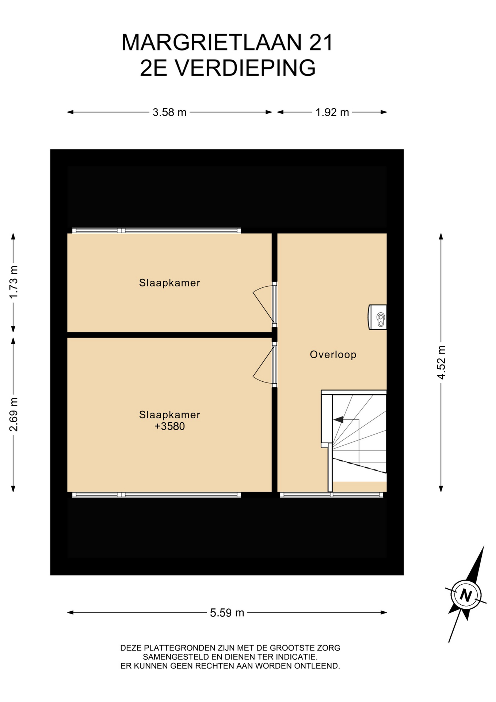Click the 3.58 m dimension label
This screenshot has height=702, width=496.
coord(169,112)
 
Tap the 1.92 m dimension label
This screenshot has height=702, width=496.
coord(332,112)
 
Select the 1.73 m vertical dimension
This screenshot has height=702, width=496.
coord(14,282)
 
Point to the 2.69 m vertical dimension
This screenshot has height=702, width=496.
coord(14,414)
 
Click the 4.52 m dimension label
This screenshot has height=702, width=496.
coord(441,362)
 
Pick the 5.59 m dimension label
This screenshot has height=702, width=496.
coord(227,612)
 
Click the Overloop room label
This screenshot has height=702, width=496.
coord(333,355)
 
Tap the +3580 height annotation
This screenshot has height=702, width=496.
coord(169,426)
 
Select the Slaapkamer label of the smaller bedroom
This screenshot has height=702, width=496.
coord(169,283)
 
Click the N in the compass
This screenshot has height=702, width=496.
coord(466,595)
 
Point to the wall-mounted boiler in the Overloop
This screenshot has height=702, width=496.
coord(377,317)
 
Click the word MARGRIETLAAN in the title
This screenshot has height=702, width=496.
coord(212,42)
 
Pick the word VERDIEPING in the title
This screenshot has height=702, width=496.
coord(245,68)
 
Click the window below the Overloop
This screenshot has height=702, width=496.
coord(332,495)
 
